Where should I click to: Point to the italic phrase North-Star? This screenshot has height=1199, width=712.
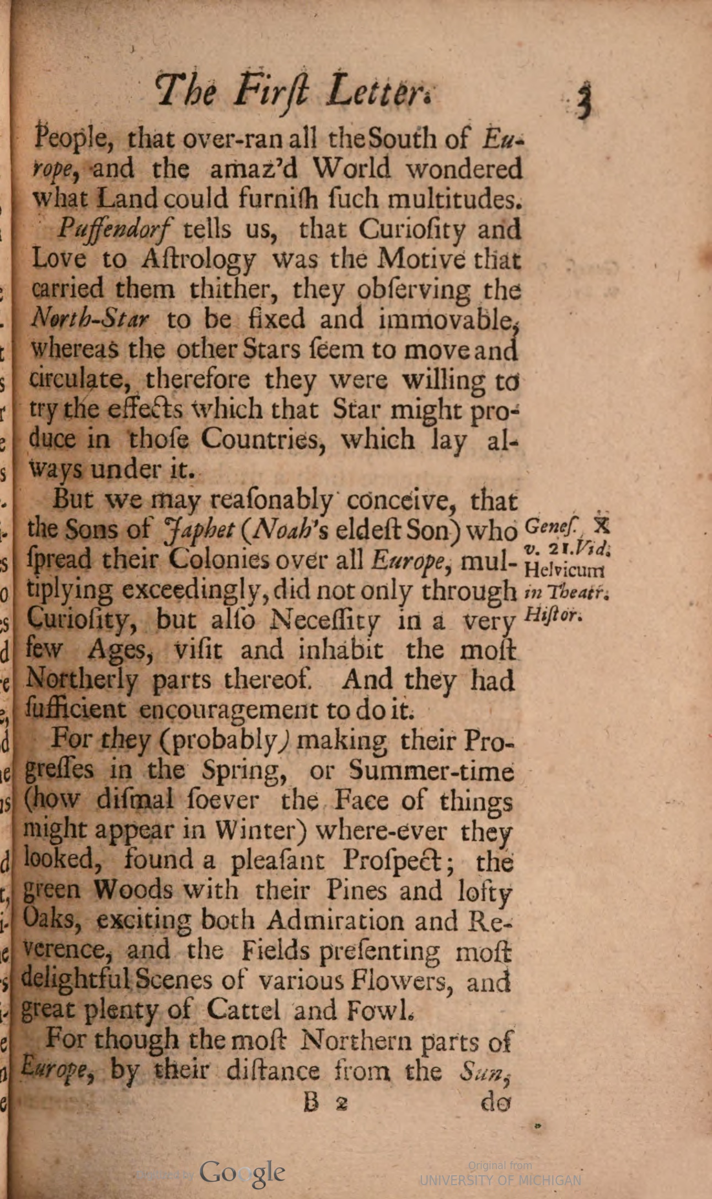(90, 319)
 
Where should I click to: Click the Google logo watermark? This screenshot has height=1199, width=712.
(242, 1173)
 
